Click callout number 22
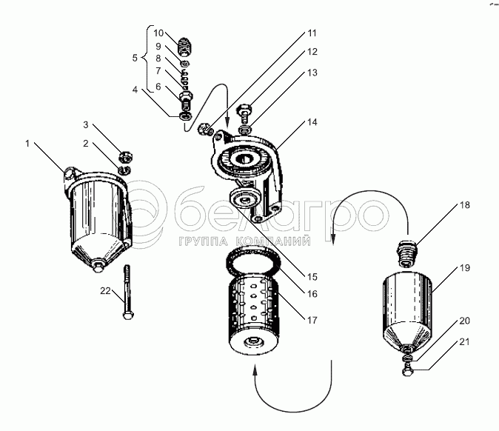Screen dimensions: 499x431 (105, 290)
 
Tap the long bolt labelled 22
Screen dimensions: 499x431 (127, 292)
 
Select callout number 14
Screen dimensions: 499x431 (312, 122)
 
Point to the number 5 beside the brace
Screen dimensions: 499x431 (135, 58)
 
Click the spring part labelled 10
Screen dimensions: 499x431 (185, 45)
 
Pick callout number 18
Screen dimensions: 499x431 (465, 204)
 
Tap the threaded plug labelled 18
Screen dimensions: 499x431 (406, 253)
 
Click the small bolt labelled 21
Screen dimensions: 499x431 (406, 370)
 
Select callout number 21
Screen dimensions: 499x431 (465, 341)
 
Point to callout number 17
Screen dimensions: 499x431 (312, 320)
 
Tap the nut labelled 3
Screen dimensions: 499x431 (127, 157)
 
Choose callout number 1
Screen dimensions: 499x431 (27, 144)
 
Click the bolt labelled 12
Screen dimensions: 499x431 (244, 113)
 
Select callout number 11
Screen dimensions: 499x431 (312, 33)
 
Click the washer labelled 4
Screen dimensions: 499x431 (186, 116)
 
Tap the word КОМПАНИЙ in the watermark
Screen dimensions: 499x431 (274, 241)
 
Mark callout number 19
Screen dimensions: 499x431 (465, 267)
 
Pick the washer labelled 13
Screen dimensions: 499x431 (245, 130)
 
